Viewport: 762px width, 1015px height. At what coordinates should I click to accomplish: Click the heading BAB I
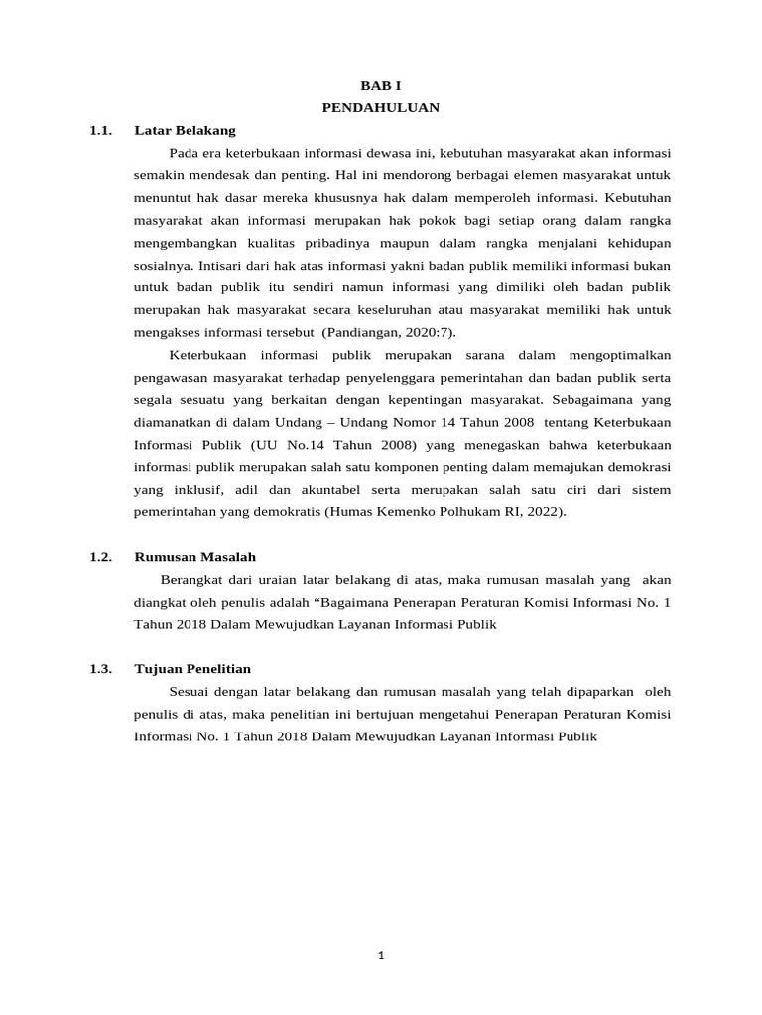(x=380, y=87)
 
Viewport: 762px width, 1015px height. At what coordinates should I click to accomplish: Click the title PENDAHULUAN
(x=380, y=107)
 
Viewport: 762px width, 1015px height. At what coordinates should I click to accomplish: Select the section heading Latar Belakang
(x=185, y=130)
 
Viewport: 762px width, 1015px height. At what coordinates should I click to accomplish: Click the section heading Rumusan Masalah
(x=195, y=557)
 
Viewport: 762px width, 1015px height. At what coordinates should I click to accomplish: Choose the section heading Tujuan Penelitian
(x=192, y=669)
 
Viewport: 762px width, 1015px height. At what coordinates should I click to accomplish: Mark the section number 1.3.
(x=100, y=669)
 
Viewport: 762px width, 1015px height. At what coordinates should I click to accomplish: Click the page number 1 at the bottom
(x=380, y=956)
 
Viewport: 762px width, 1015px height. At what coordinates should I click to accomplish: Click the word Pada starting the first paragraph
(x=185, y=154)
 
